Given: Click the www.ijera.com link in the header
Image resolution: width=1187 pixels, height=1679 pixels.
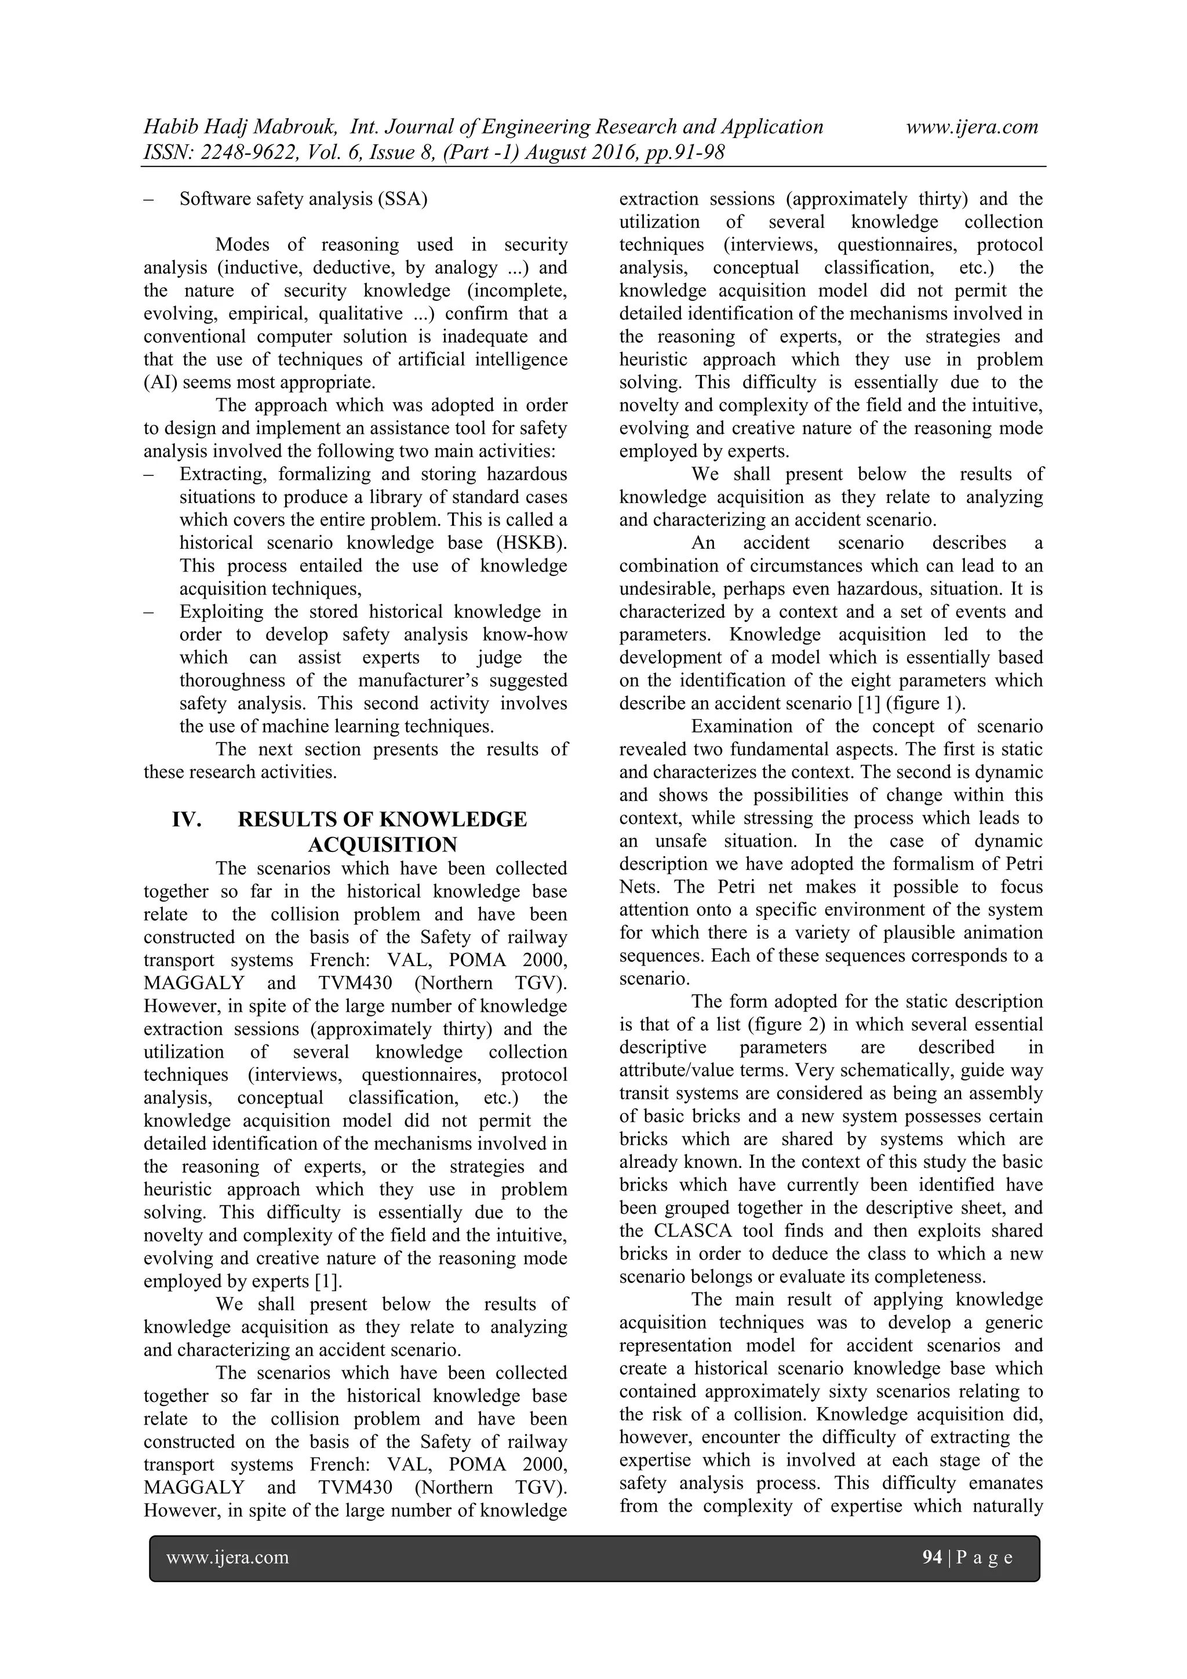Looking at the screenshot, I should (x=971, y=128).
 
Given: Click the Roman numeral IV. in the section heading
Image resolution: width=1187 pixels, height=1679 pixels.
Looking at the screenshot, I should (x=187, y=819).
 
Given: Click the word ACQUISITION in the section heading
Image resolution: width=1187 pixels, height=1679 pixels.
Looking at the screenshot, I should (x=382, y=844).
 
